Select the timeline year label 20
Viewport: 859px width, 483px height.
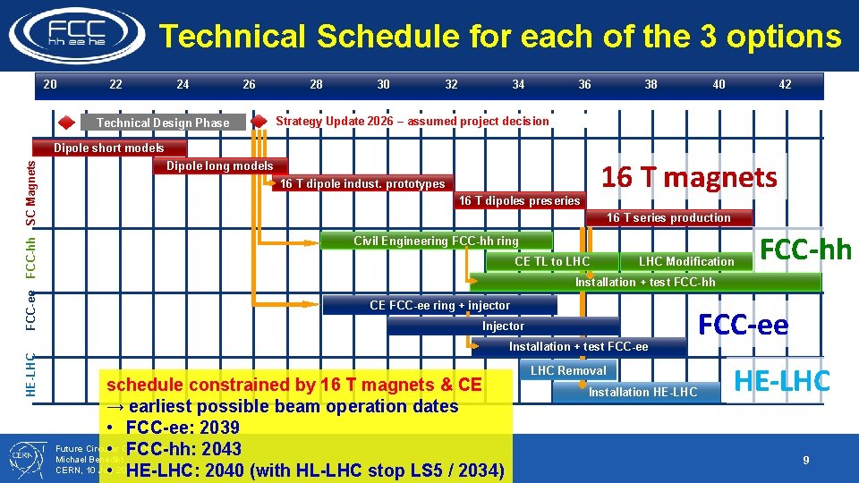[50, 84]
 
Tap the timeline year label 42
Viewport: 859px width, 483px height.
[785, 84]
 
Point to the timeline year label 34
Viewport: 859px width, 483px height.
[518, 84]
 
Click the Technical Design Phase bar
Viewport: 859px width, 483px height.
[163, 123]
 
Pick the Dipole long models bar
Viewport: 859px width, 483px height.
[220, 165]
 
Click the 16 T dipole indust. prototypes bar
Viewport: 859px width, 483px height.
[362, 183]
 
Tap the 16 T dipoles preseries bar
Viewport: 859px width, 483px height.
[519, 200]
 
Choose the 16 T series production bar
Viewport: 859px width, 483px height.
[668, 217]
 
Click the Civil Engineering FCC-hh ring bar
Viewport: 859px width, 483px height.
[436, 241]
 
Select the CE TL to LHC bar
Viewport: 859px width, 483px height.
[552, 261]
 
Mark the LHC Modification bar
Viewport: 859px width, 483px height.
[685, 261]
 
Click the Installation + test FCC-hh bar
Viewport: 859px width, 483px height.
[645, 282]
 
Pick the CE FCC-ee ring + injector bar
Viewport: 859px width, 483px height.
[439, 305]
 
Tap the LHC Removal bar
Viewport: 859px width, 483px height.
[568, 370]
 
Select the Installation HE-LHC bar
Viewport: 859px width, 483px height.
[642, 392]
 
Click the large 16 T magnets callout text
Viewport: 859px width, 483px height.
[689, 177]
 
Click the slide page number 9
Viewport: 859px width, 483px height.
[805, 460]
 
